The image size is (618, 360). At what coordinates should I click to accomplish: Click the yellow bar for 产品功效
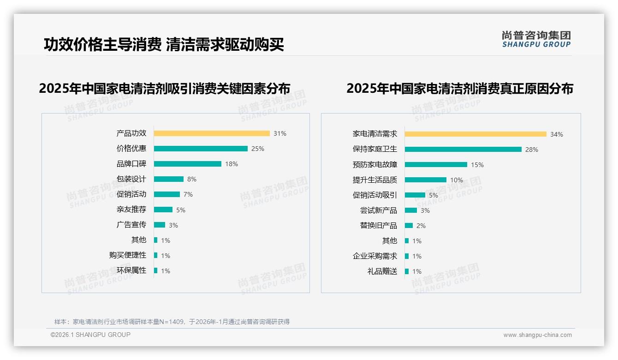[x=212, y=133]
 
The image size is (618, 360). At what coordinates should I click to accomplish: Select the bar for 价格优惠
[x=201, y=149]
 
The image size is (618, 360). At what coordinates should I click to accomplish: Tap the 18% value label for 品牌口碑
[x=232, y=164]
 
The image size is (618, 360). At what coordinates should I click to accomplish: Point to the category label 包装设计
[x=131, y=179]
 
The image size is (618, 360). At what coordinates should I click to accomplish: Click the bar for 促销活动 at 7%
[x=167, y=194]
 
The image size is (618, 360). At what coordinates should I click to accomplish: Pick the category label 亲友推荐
[x=131, y=210]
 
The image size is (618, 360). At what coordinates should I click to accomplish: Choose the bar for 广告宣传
[x=160, y=225]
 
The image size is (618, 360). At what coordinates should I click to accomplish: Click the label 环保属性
[x=131, y=270]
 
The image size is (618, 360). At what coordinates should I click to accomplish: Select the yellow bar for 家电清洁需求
[x=475, y=134]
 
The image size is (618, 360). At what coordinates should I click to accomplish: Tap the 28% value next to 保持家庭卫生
[x=532, y=150]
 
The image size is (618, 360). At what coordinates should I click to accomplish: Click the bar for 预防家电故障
[x=436, y=164]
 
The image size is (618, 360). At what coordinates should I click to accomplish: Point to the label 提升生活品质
[x=375, y=180]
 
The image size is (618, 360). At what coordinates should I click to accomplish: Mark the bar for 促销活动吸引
[x=415, y=195]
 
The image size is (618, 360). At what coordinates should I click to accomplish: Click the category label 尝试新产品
[x=379, y=210]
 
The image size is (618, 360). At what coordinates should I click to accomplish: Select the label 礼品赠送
[x=382, y=271]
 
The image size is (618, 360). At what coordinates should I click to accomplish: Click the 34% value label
[x=557, y=134]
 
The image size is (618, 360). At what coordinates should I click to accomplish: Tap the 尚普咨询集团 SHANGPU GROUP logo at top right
[x=536, y=39]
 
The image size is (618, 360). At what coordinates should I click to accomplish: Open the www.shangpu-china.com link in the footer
[x=537, y=335]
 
